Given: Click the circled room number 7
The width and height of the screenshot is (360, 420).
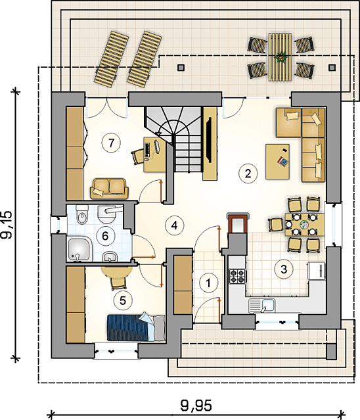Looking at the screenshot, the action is pyautogui.click(x=111, y=143).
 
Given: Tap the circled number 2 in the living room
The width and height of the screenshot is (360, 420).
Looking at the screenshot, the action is pyautogui.click(x=248, y=174).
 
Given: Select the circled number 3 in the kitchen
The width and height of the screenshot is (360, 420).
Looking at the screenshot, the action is pyautogui.click(x=284, y=269).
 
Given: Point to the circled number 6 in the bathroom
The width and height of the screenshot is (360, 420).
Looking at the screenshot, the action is pyautogui.click(x=105, y=236).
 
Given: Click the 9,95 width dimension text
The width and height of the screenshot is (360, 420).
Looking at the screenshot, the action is pyautogui.click(x=196, y=406).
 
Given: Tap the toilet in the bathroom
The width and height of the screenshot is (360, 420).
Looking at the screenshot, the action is pyautogui.click(x=82, y=215).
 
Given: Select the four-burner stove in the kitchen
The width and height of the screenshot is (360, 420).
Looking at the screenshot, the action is pyautogui.click(x=237, y=276).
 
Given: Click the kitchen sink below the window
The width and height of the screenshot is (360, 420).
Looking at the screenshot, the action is pyautogui.click(x=262, y=306).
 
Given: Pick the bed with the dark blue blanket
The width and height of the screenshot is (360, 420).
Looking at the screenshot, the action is pyautogui.click(x=136, y=328).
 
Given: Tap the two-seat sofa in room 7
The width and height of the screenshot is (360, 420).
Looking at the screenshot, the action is pyautogui.click(x=109, y=189).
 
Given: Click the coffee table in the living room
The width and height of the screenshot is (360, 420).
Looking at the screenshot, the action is pyautogui.click(x=278, y=162).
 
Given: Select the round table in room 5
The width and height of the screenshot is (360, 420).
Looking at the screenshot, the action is pyautogui.click(x=116, y=270).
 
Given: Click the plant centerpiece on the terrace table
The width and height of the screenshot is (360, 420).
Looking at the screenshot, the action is pyautogui.click(x=281, y=57).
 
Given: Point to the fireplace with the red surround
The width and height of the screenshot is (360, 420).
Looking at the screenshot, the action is pyautogui.click(x=238, y=223).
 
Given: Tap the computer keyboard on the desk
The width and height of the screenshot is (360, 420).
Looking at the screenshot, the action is pyautogui.click(x=147, y=150).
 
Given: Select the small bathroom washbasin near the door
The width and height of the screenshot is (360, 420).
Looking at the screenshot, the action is pyautogui.click(x=110, y=257).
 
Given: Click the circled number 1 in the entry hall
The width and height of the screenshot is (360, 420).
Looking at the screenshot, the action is pyautogui.click(x=208, y=283).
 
